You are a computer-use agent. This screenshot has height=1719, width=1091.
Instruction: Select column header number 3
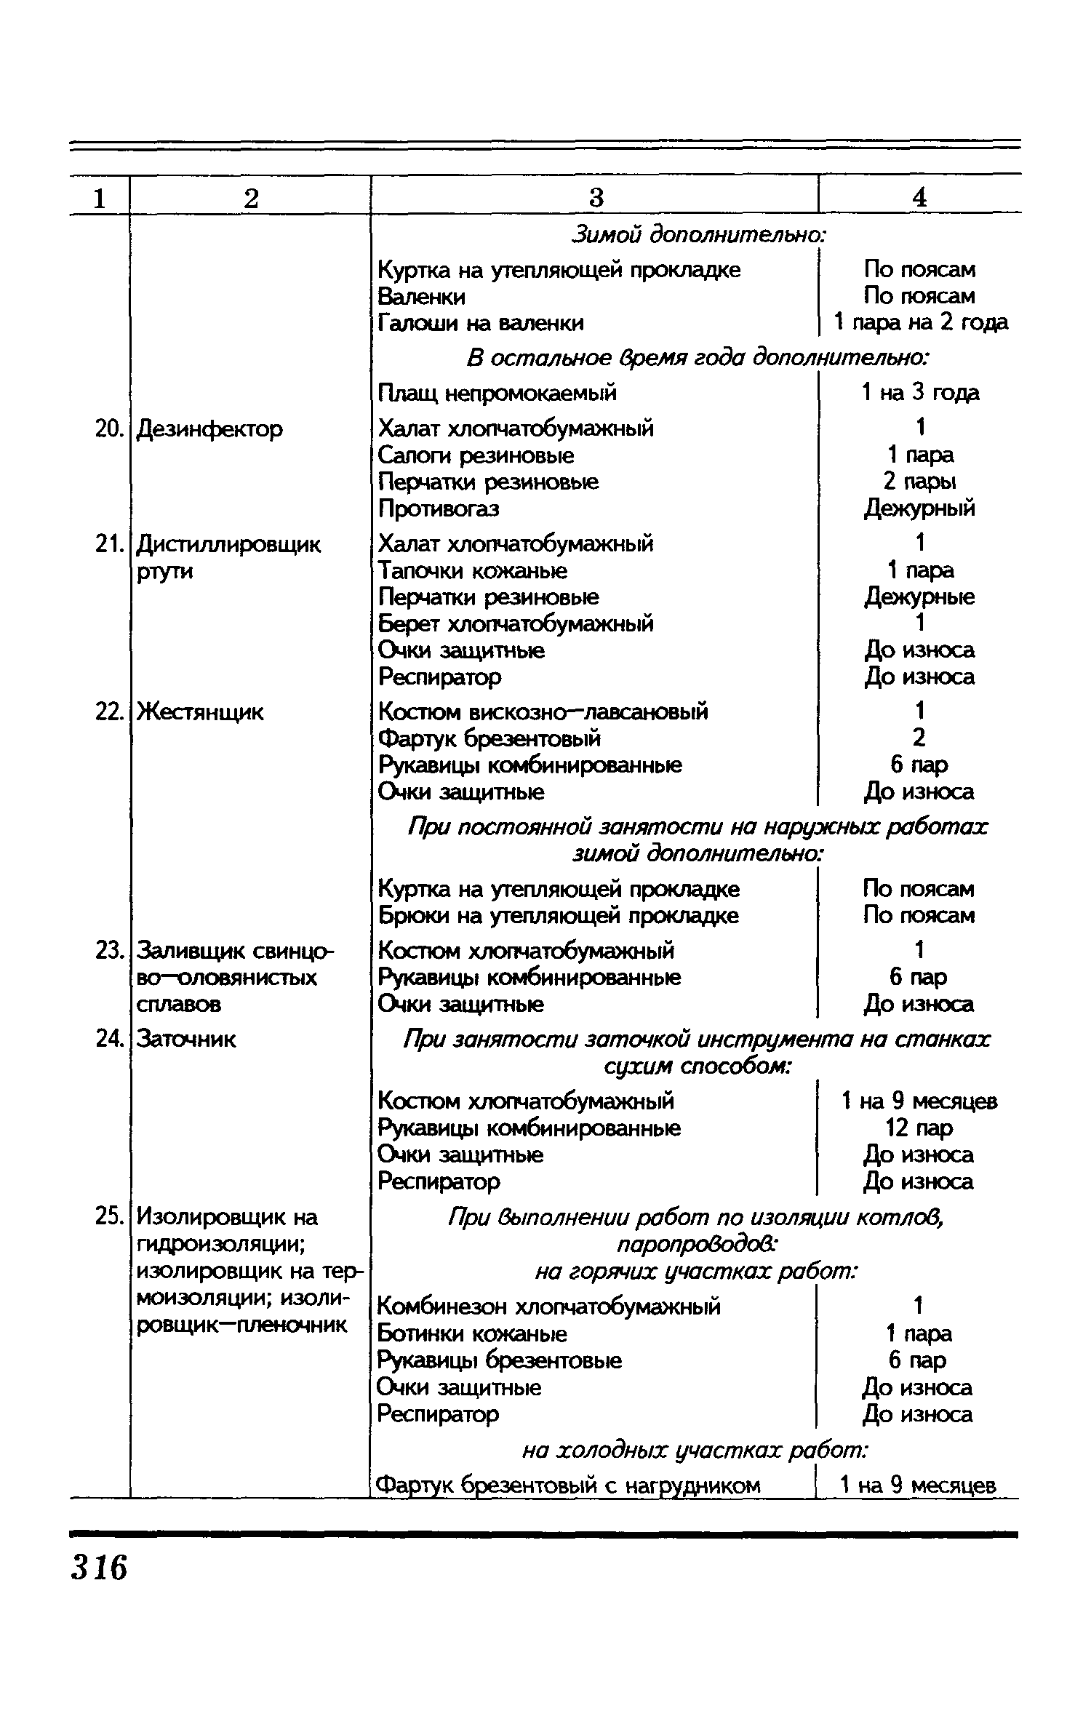point(596,198)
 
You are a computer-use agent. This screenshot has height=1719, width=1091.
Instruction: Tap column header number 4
point(919,198)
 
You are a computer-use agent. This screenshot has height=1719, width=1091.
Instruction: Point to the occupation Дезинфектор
point(209,429)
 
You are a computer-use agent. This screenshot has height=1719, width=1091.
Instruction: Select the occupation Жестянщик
point(201,712)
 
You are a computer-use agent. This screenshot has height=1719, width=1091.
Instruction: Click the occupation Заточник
point(187,1039)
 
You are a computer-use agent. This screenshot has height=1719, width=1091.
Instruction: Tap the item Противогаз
point(439,508)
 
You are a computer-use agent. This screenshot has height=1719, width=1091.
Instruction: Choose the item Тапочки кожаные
point(473,570)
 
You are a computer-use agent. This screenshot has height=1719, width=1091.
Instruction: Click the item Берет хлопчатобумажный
point(516,623)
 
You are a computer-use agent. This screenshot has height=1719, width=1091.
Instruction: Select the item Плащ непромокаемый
point(497,394)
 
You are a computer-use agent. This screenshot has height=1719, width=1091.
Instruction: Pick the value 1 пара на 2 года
point(921,322)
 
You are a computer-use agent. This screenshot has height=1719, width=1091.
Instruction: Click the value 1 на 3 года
point(920,394)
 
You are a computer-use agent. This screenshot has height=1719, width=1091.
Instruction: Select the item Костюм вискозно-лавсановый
point(543,711)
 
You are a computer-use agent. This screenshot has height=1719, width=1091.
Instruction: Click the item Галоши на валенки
point(481,322)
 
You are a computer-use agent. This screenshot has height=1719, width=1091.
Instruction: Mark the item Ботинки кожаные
point(472,1333)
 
